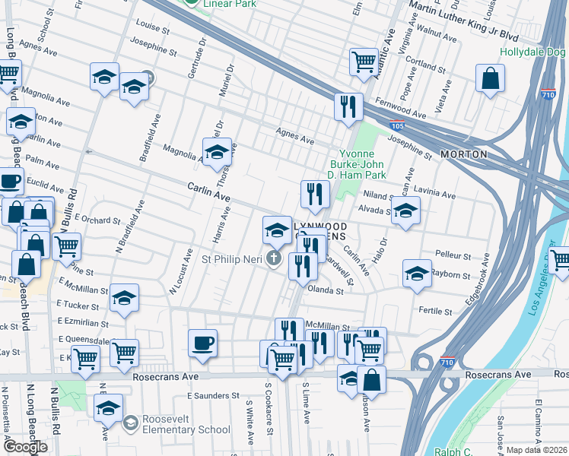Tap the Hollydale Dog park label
click(x=533, y=52)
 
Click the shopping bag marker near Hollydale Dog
click(x=491, y=78)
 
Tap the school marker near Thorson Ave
click(x=217, y=151)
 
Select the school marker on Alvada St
click(x=406, y=211)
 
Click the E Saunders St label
click(x=213, y=396)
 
